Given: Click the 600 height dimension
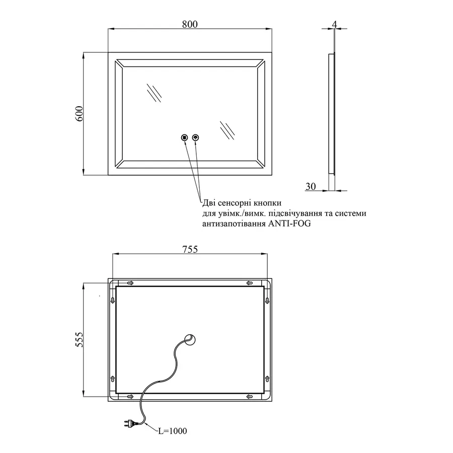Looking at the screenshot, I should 79,114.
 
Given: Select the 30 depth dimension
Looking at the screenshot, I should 311,186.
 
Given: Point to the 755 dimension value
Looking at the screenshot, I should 189,249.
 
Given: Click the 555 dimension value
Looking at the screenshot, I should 79,340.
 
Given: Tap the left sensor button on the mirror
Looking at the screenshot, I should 184,137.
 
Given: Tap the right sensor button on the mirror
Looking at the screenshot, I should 195,137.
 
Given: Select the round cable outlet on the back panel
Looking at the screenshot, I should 191,340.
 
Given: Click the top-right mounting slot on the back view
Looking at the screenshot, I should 249,283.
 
